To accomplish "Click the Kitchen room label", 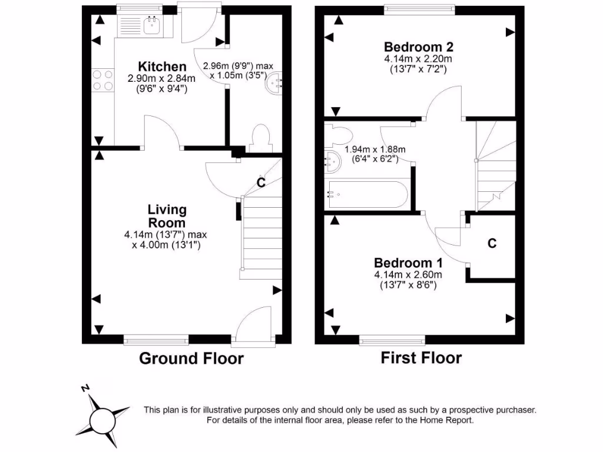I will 162,67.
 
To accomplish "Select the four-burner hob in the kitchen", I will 102,80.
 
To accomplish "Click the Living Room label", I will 167,216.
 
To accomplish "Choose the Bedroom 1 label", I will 407,262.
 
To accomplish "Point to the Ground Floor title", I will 191,358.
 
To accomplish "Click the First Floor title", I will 421,357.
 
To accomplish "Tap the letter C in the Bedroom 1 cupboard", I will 492,243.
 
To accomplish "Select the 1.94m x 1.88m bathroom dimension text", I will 367,149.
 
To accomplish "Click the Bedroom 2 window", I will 420,9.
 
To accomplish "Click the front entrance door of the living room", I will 254,327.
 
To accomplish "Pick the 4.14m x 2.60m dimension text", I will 407,274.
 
